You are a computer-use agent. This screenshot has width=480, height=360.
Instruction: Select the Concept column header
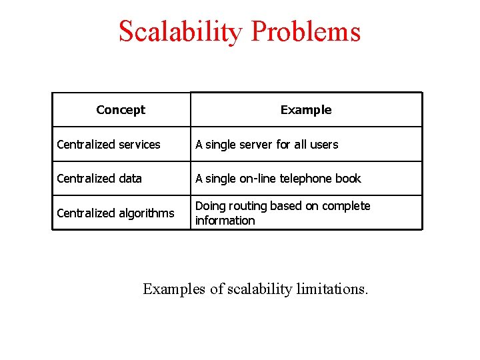121,110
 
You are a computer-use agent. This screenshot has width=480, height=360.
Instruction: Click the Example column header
306,110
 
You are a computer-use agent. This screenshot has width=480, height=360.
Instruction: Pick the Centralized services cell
109,145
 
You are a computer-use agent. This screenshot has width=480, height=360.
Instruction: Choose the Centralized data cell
99,179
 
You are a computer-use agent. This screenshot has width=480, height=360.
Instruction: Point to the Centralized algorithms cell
115,213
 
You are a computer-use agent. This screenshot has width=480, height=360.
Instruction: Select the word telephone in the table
304,179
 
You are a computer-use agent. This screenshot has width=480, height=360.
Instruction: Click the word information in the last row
225,221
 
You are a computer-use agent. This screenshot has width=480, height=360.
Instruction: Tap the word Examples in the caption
174,289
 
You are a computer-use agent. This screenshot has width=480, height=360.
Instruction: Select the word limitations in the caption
331,289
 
